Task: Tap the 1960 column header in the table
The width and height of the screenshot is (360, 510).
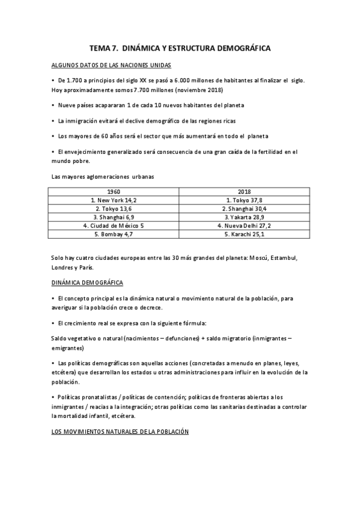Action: point(114,191)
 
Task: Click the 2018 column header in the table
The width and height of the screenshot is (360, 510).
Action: point(244,191)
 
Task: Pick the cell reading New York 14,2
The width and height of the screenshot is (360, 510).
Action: point(114,200)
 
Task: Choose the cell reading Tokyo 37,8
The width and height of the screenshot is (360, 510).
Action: point(244,200)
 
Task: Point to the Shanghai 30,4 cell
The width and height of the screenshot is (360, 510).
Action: point(244,208)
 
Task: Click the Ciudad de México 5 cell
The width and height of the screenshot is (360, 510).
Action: point(114,225)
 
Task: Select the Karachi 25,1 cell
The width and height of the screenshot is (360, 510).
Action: point(244,233)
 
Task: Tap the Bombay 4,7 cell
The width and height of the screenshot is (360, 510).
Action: point(114,233)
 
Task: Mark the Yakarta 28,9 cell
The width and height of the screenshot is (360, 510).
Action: point(244,217)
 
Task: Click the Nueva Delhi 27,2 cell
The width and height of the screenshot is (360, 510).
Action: point(244,225)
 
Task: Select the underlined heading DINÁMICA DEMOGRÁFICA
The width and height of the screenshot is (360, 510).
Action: point(89,281)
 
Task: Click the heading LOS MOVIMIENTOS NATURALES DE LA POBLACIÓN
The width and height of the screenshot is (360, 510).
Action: point(120,432)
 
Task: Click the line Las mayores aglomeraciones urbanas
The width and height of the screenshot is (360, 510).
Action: point(103,177)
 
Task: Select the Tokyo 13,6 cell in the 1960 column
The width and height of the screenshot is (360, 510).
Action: point(114,208)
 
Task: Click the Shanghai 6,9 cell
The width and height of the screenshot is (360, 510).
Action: point(114,217)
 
